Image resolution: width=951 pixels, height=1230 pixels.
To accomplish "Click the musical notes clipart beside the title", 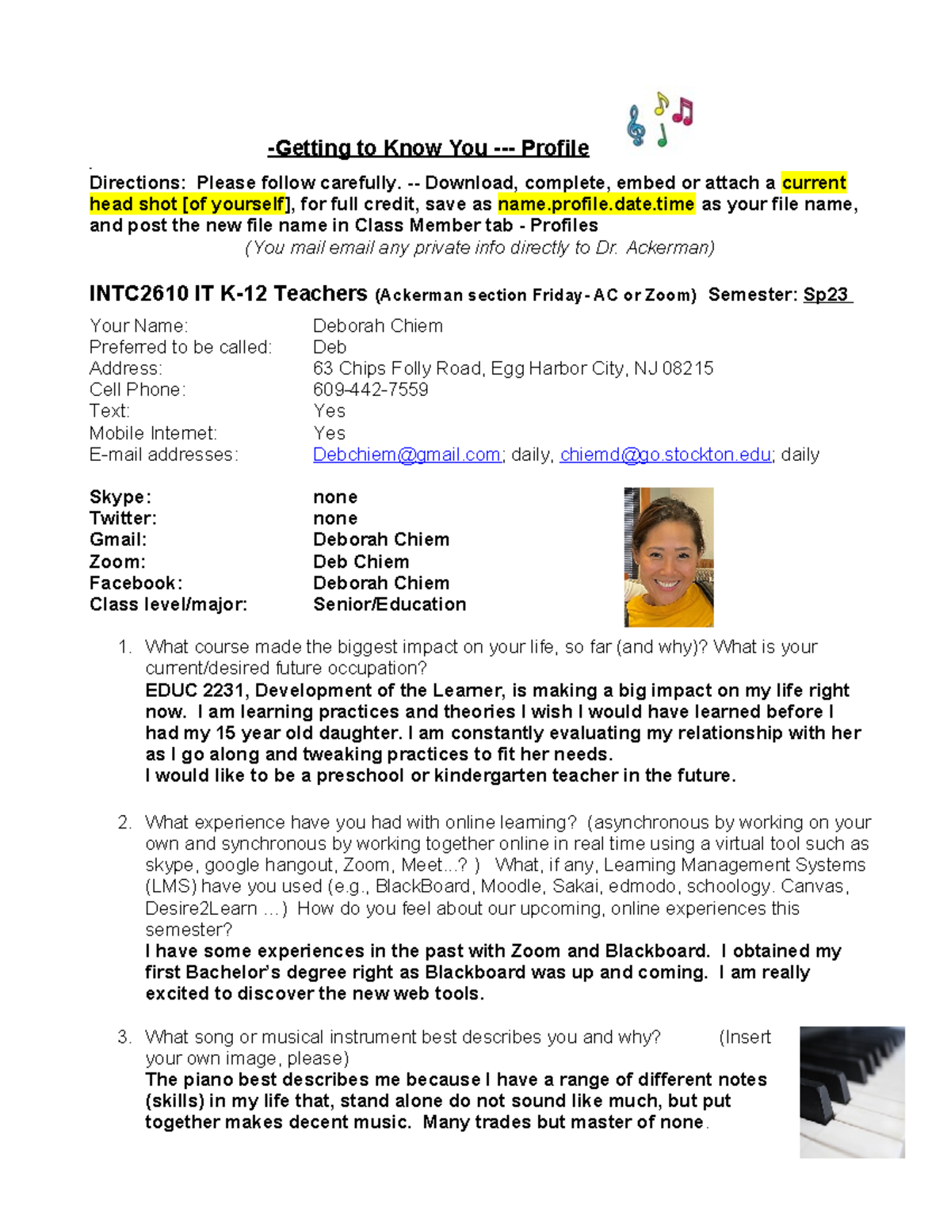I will pyautogui.click(x=660, y=120).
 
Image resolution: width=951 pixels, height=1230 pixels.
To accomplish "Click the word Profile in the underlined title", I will pyautogui.click(x=555, y=148).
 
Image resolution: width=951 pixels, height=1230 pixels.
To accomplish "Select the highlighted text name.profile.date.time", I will pyautogui.click(x=596, y=204).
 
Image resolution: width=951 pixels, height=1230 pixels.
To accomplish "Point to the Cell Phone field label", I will pyautogui.click(x=137, y=390).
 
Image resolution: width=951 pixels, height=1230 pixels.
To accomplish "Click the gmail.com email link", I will pyautogui.click(x=407, y=455).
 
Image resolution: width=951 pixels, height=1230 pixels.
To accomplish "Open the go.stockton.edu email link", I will pyautogui.click(x=666, y=455).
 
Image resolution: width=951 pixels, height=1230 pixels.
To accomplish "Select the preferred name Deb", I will pyautogui.click(x=330, y=347).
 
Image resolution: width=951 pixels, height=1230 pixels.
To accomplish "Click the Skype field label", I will pyautogui.click(x=120, y=497).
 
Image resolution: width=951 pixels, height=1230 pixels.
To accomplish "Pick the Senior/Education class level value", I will pyautogui.click(x=389, y=604).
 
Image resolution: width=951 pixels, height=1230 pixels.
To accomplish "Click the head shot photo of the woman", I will pyautogui.click(x=669, y=557).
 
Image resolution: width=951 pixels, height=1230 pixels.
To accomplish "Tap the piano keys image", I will pyautogui.click(x=852, y=1092).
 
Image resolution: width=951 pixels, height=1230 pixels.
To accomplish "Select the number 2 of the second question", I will pyautogui.click(x=124, y=823).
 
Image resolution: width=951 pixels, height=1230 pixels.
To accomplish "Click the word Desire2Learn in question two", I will pyautogui.click(x=201, y=908).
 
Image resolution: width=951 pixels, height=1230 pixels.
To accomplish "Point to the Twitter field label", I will pyautogui.click(x=123, y=519).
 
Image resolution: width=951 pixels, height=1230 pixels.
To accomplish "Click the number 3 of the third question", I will pyautogui.click(x=124, y=1038).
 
